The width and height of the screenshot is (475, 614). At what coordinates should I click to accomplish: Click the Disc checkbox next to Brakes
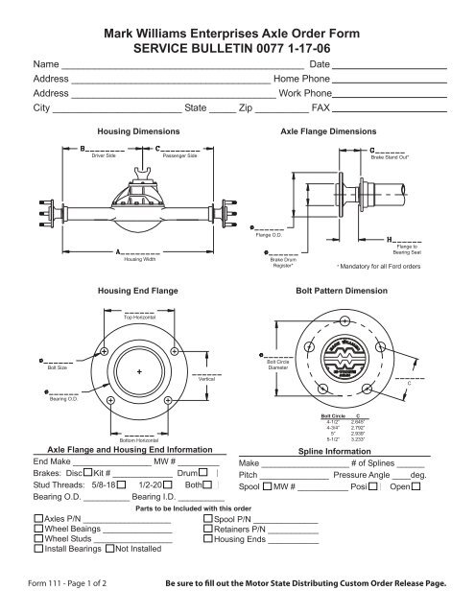tap(87, 472)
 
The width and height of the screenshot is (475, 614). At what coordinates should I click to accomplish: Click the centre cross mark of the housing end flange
tap(140, 371)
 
